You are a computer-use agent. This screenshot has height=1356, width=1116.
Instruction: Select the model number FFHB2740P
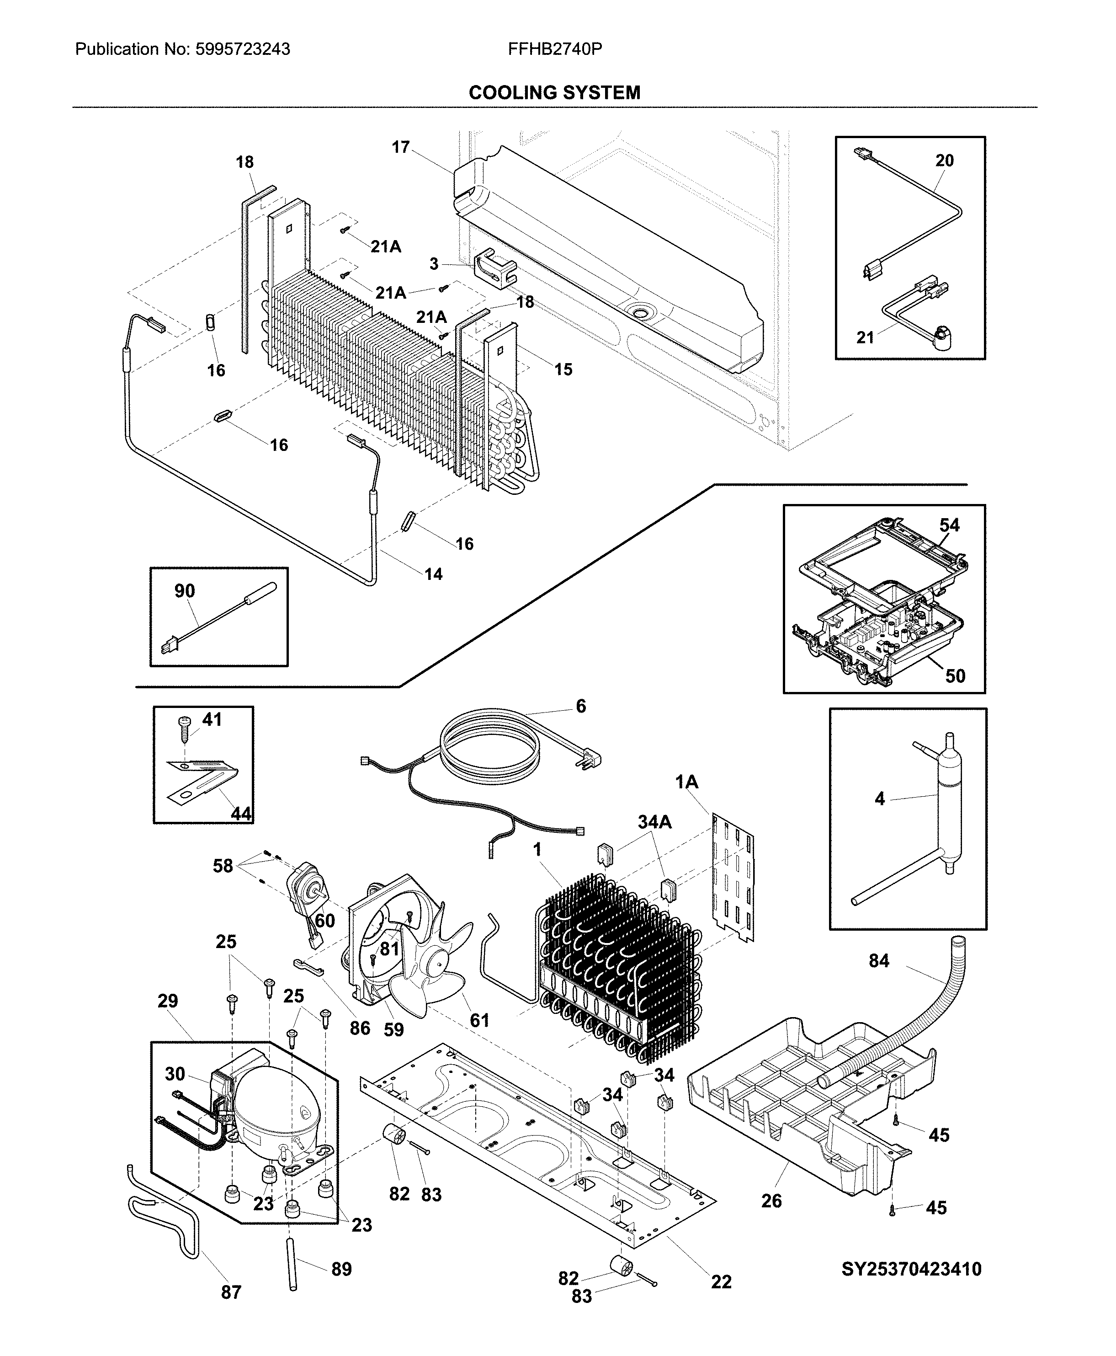tap(554, 49)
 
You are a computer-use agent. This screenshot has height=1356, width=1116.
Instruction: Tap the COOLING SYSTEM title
tap(554, 93)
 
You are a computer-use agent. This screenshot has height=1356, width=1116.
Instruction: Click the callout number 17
tap(400, 147)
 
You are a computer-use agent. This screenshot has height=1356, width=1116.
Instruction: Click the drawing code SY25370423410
tap(911, 1269)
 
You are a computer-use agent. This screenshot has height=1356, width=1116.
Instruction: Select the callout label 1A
tap(686, 782)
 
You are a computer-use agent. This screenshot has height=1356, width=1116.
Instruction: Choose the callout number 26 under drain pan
tap(771, 1201)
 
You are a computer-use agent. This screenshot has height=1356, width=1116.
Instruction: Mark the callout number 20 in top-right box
tap(944, 161)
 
